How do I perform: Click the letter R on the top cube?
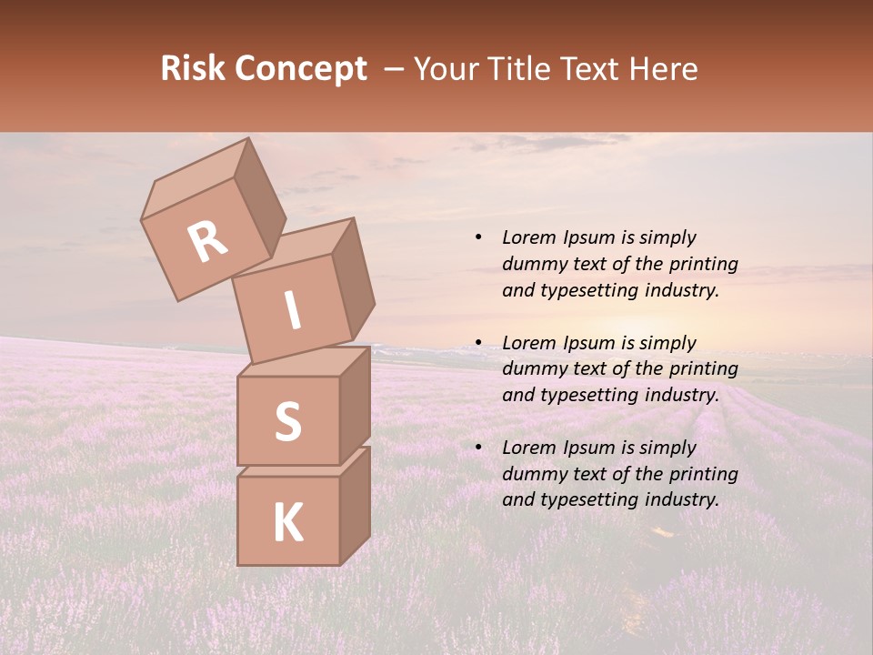[x=208, y=241]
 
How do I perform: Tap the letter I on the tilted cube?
[x=292, y=311]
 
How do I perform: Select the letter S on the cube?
[x=287, y=421]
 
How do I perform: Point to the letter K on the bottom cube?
[x=287, y=523]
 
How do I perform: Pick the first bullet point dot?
[x=477, y=237]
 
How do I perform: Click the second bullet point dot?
[x=477, y=343]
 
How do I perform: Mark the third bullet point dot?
[x=477, y=448]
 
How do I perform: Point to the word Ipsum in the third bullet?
[x=587, y=448]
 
